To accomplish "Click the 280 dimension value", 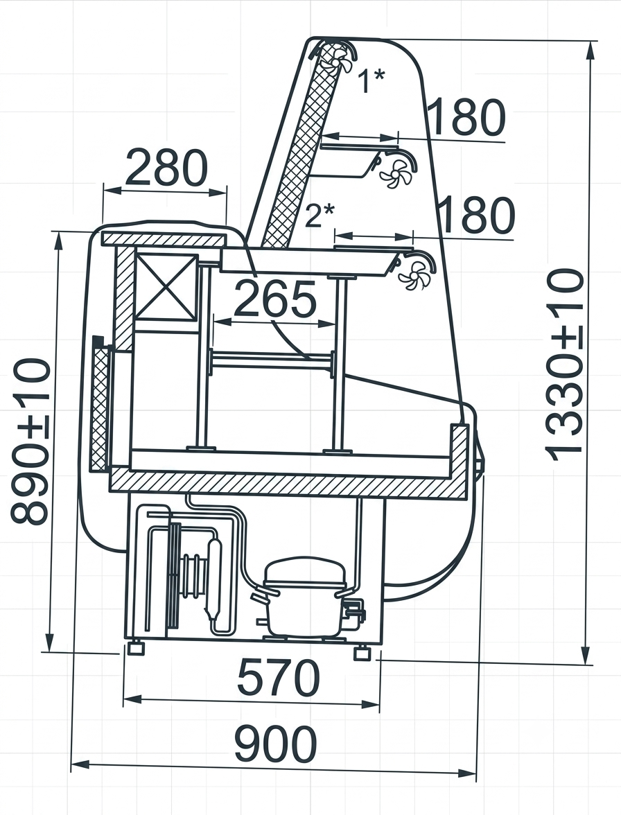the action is (166, 168).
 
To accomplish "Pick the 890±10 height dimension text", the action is (30, 441).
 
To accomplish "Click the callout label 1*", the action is (372, 80).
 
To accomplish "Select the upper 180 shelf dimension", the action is (466, 117).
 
